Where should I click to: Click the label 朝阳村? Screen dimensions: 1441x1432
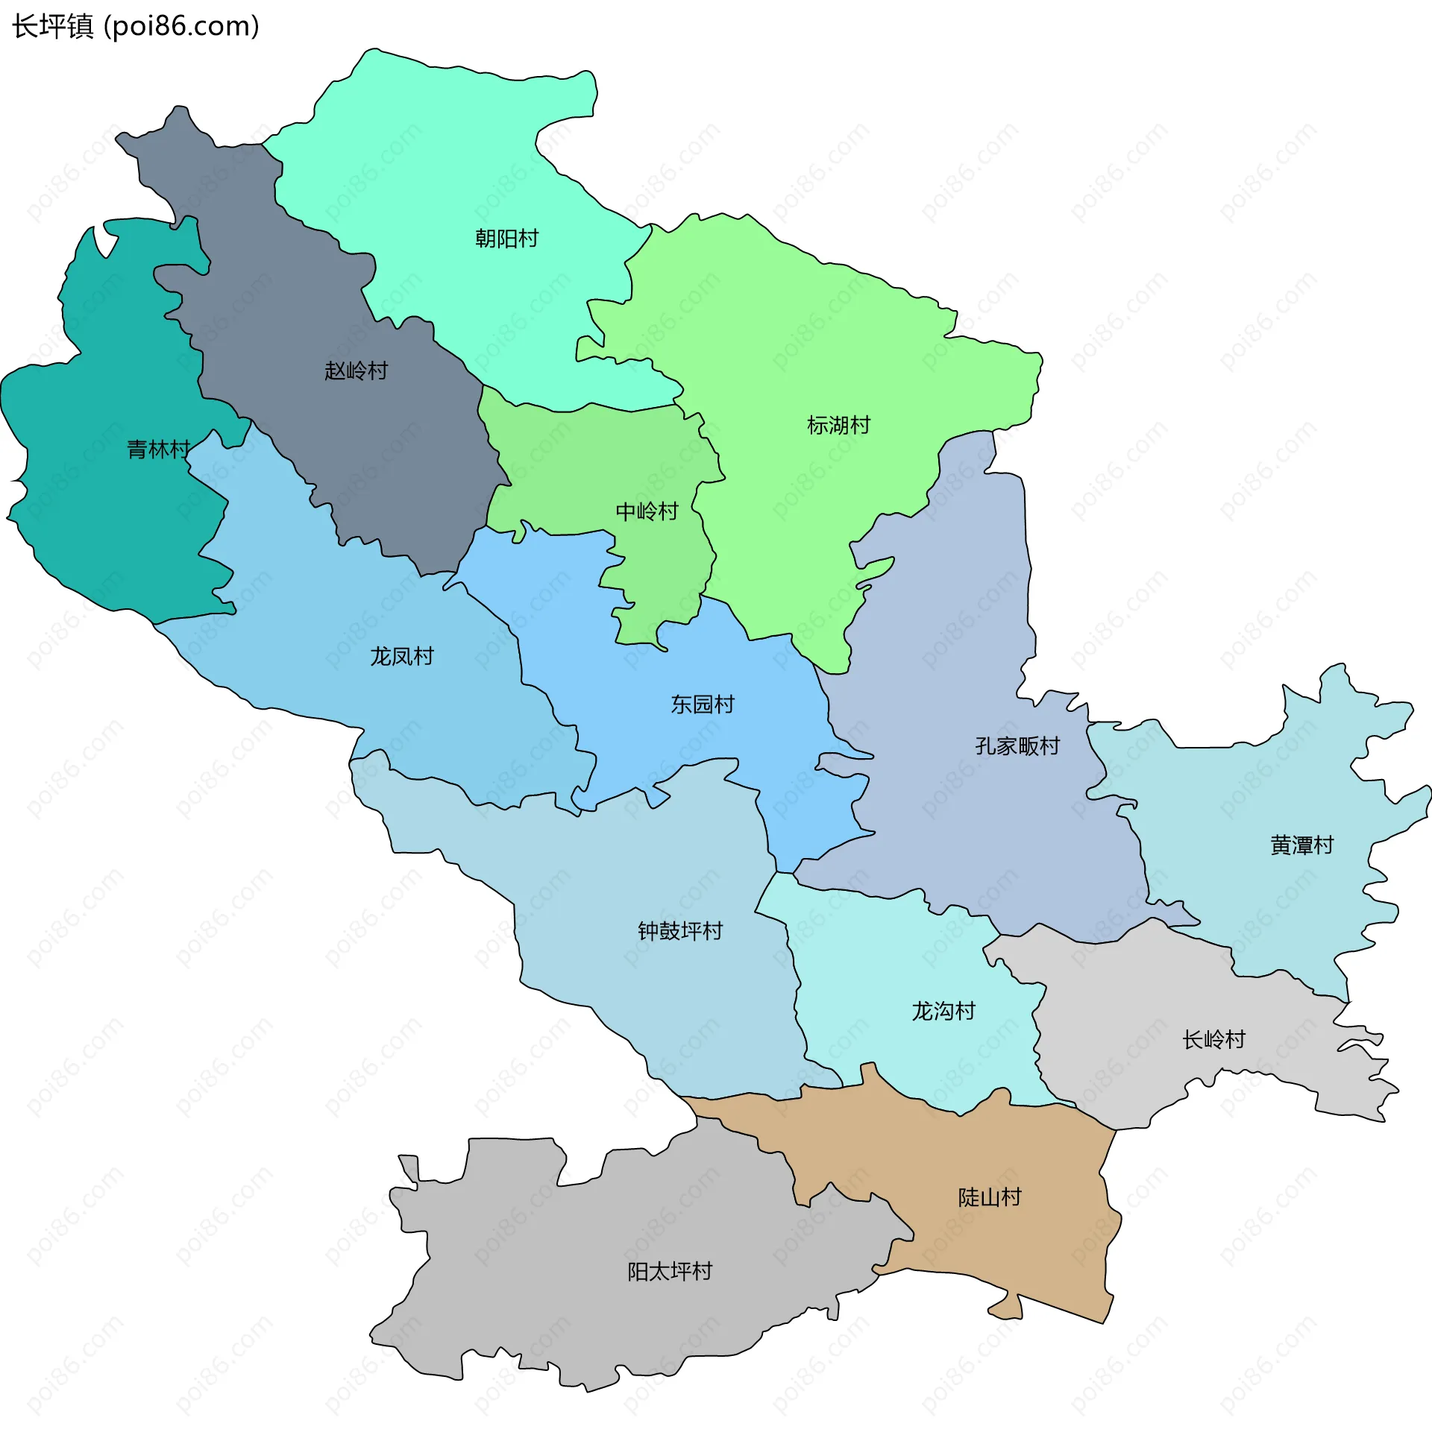click(x=506, y=238)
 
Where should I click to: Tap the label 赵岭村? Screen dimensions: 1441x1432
click(x=356, y=370)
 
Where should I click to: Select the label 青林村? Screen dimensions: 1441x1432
click(x=158, y=449)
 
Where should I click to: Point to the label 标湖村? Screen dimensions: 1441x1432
click(x=838, y=424)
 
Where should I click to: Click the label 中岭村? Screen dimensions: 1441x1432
click(x=646, y=511)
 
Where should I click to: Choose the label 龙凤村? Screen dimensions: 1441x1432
click(x=401, y=655)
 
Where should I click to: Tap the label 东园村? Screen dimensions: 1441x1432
click(x=702, y=703)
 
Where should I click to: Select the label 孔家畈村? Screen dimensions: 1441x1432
click(x=1017, y=745)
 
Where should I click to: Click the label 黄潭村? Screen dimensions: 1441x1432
click(x=1301, y=845)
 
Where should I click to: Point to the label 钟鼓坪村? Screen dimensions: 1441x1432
click(x=679, y=930)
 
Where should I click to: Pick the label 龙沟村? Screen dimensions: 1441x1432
click(x=943, y=1011)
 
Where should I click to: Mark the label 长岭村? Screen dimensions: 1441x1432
click(x=1213, y=1039)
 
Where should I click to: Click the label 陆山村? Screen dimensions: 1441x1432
click(x=990, y=1197)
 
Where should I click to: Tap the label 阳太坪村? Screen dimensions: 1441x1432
click(x=669, y=1271)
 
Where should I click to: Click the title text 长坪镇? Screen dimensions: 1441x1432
click(x=52, y=26)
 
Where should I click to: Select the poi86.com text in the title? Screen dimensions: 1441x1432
click(x=181, y=26)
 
